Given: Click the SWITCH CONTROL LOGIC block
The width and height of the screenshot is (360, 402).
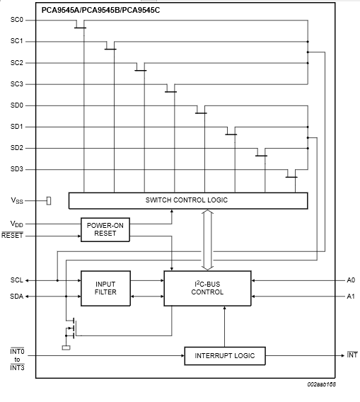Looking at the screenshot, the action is click(188, 200).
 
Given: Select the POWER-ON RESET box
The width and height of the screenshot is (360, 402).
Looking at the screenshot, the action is click(105, 229).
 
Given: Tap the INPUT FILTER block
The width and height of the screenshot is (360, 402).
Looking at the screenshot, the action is click(105, 288).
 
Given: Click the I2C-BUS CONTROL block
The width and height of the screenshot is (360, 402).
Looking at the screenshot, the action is click(207, 288).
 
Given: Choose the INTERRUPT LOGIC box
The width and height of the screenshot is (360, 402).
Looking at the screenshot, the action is click(225, 355).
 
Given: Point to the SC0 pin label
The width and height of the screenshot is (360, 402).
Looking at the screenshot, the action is click(17, 20).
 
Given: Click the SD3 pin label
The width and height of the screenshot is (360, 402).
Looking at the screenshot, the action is click(17, 169).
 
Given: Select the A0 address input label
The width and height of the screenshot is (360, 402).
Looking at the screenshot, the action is click(351, 280).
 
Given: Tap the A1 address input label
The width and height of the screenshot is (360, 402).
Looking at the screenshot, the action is click(351, 297).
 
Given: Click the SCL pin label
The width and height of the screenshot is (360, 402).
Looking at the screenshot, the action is click(17, 280).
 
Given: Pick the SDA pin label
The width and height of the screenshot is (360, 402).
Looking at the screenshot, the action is click(17, 297).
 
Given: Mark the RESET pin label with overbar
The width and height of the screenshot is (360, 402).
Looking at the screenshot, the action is click(12, 235).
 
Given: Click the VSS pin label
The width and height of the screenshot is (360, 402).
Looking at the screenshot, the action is click(17, 200).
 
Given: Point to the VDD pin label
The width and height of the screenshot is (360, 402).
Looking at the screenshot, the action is click(17, 224).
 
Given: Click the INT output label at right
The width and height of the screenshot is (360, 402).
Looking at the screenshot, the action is click(352, 355).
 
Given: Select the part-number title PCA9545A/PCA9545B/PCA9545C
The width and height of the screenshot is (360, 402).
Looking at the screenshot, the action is click(100, 10).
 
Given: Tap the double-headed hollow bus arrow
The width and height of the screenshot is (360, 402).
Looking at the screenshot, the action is click(207, 240).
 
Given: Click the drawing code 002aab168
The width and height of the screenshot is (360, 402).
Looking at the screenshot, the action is click(322, 384).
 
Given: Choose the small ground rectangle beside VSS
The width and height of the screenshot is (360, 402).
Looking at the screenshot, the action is click(49, 201).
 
